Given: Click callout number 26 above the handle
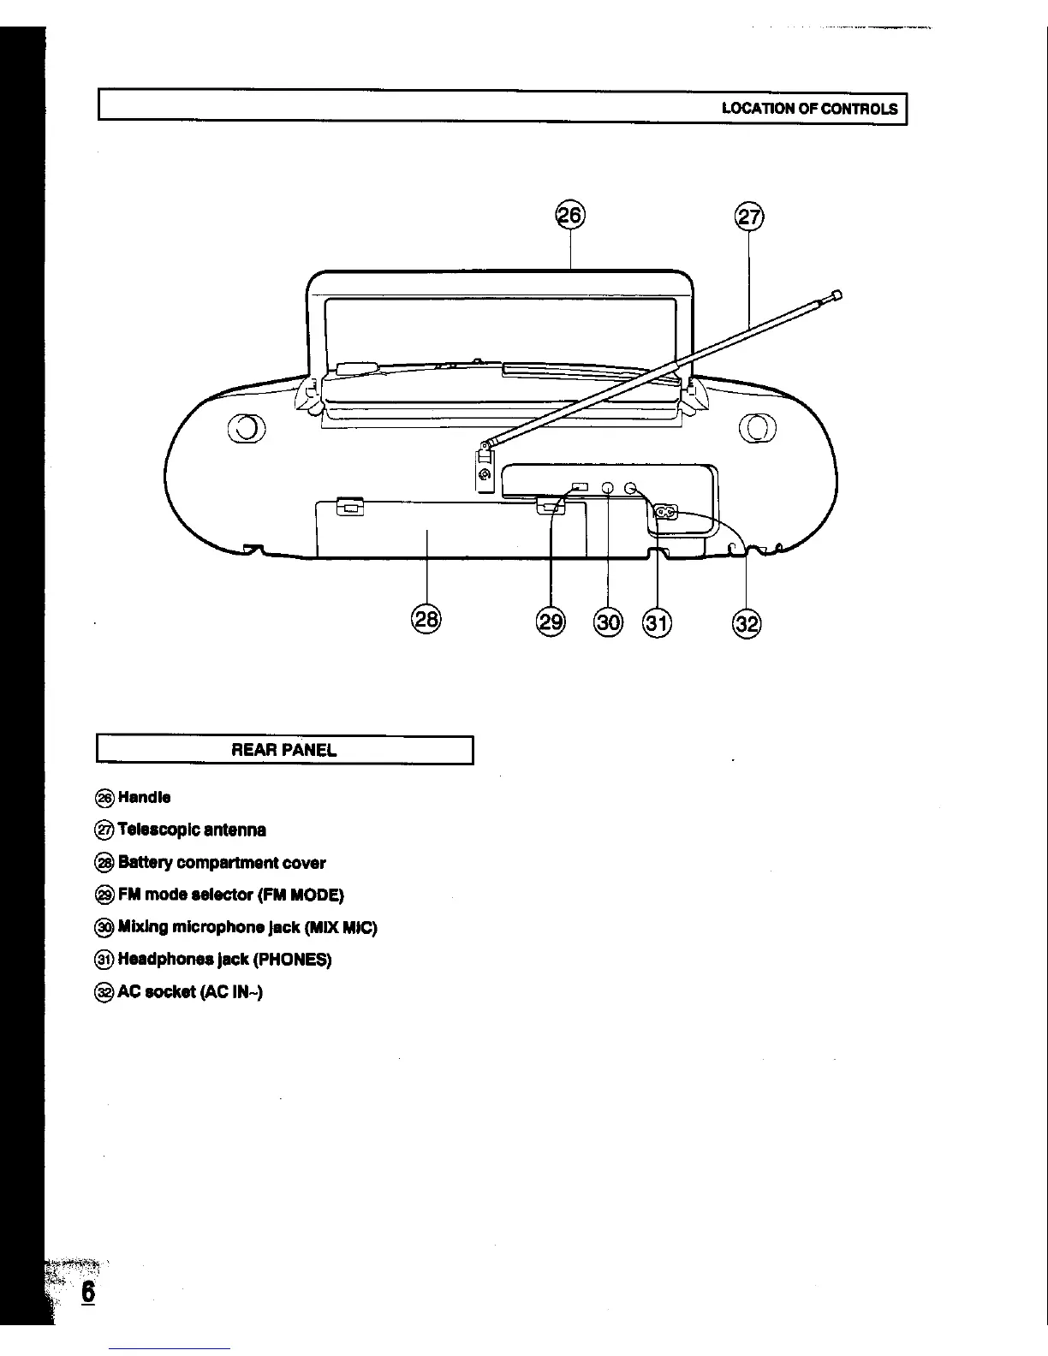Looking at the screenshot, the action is point(571,216).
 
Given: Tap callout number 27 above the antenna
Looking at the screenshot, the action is point(749,217).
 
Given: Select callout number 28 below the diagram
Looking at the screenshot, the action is point(426,618).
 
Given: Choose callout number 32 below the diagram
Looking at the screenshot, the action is point(747,623).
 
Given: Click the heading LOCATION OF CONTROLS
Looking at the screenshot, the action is point(809,109).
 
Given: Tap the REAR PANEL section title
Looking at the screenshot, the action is point(284,750).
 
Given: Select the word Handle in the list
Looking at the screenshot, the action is point(145,798).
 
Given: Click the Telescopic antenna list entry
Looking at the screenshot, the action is point(192,830).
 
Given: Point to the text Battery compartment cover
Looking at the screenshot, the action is point(222,863).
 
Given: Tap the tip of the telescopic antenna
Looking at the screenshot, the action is point(837,295).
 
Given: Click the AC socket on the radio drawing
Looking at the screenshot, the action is point(666,513).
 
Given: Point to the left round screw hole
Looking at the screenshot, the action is point(246,426).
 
